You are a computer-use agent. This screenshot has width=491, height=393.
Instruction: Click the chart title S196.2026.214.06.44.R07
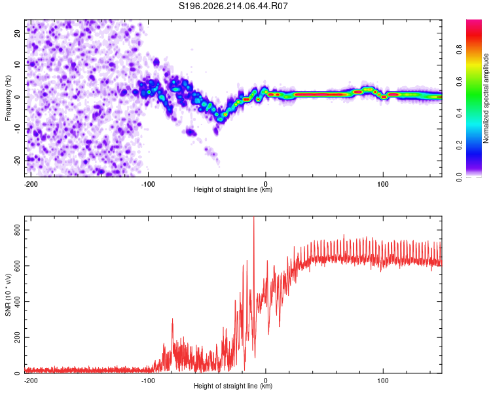pyautogui.click(x=233, y=6)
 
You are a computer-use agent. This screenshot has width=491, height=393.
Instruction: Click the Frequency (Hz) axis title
pyautogui.click(x=8, y=98)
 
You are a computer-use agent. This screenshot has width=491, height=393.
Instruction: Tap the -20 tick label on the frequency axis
pyautogui.click(x=17, y=161)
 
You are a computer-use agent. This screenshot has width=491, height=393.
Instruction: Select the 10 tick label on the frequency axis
pyautogui.click(x=17, y=65)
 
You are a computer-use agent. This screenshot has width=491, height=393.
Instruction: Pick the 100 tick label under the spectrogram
pyautogui.click(x=383, y=184)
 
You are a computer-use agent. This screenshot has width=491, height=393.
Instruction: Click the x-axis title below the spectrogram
pyautogui.click(x=233, y=189)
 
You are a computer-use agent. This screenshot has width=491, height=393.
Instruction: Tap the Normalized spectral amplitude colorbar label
pyautogui.click(x=486, y=98)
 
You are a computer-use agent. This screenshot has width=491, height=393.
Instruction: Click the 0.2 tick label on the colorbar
pyautogui.click(x=459, y=145)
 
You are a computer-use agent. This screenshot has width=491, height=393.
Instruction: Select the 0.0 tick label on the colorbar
pyautogui.click(x=459, y=177)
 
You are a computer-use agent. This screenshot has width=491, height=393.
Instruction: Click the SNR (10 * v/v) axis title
pyautogui.click(x=8, y=295)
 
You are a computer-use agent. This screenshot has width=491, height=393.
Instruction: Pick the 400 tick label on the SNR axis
pyautogui.click(x=17, y=302)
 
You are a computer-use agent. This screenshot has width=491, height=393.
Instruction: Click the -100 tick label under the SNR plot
pyautogui.click(x=148, y=381)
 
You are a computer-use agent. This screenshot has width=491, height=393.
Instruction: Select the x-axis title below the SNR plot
pyautogui.click(x=233, y=386)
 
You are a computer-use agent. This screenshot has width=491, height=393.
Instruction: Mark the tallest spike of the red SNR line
pyautogui.click(x=254, y=217)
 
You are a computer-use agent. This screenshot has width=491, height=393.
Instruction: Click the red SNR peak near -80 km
pyautogui.click(x=172, y=320)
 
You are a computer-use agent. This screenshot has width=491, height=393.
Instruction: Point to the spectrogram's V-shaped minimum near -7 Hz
pyautogui.click(x=221, y=119)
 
